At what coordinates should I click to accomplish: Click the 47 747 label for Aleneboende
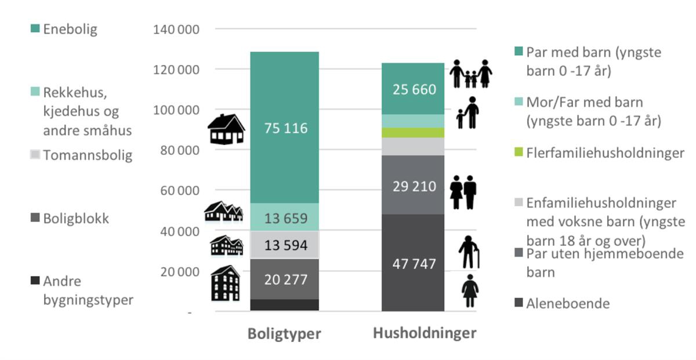click(413, 264)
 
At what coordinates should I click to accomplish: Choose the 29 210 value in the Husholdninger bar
click(413, 187)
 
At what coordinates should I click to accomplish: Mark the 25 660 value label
click(413, 89)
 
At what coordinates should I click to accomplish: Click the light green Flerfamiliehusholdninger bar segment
click(413, 133)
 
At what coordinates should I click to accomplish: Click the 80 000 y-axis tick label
click(179, 151)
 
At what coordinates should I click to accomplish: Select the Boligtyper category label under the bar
click(284, 334)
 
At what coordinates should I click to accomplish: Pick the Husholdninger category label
click(425, 333)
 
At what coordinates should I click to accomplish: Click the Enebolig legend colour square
click(35, 28)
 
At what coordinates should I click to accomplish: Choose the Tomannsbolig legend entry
click(87, 155)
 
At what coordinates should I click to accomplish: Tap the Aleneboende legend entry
click(567, 303)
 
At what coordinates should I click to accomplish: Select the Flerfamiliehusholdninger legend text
click(605, 154)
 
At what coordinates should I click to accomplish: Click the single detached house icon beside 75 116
click(226, 129)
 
